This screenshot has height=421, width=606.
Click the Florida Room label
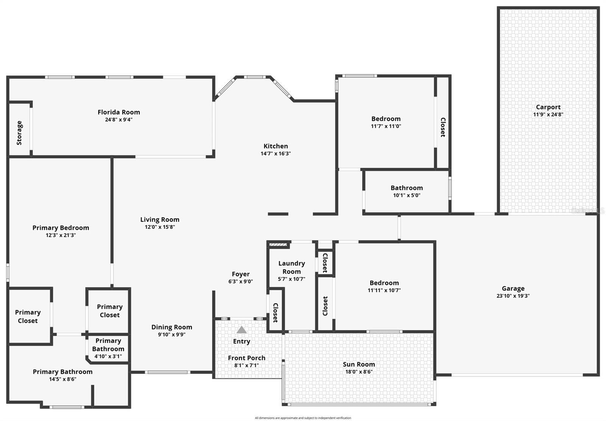119,112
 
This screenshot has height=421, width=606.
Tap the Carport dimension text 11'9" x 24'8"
548,114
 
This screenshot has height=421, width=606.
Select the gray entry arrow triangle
241,330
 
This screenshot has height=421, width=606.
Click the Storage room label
19,133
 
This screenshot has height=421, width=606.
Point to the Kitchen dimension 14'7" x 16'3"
275,153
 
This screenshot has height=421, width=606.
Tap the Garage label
513,288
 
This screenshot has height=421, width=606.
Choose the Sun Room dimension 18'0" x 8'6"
359,372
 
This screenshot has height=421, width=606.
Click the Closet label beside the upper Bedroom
442,127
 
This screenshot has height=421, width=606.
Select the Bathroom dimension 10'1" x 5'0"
406,196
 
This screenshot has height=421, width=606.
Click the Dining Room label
172,327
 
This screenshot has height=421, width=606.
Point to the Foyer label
241,274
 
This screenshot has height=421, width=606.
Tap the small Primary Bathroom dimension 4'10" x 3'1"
108,356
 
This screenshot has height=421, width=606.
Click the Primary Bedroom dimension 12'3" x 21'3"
61,235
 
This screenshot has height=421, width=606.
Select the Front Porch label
247,358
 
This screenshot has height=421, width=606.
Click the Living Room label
159,219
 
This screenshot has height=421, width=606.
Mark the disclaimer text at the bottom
303,418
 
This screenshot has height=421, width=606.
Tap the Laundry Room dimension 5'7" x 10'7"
291,279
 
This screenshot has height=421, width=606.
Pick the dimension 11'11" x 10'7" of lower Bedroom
384,290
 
